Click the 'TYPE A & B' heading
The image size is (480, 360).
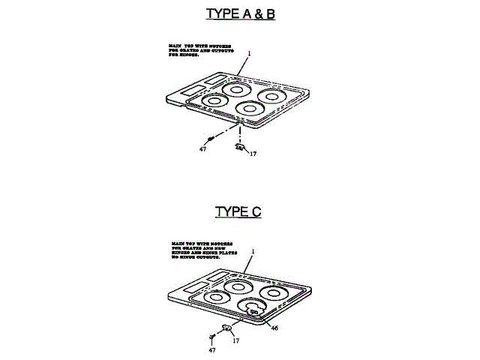tap(240, 13)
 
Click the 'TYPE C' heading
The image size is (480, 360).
tap(238, 211)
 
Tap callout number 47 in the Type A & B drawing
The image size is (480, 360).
tap(202, 150)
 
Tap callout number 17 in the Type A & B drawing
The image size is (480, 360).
tap(253, 154)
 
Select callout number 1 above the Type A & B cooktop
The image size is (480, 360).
tap(248, 53)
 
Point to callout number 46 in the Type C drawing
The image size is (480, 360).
tap(274, 328)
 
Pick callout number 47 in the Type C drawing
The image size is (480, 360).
tap(212, 350)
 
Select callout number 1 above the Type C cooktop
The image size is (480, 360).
tap(253, 250)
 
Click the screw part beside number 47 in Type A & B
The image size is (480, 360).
tap(212, 137)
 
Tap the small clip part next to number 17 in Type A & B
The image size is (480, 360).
tap(239, 148)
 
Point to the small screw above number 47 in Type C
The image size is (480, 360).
tap(212, 337)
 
